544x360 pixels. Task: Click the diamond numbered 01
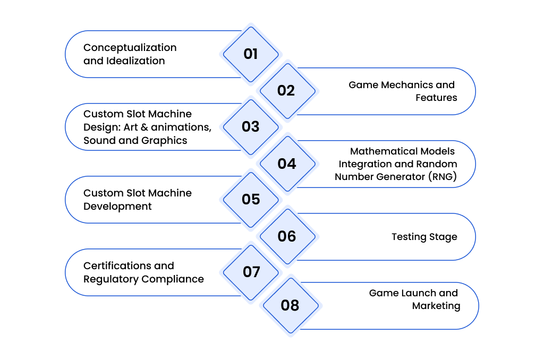pyautogui.click(x=251, y=54)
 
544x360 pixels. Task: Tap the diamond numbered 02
pyautogui.click(x=287, y=91)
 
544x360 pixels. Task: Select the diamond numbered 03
pyautogui.click(x=251, y=127)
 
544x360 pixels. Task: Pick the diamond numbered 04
pyautogui.click(x=287, y=164)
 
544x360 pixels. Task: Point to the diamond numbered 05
pyautogui.click(x=251, y=200)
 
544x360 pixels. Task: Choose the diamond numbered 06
pyautogui.click(x=287, y=236)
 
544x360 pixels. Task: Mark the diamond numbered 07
pyautogui.click(x=251, y=272)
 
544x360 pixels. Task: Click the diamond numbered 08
pyautogui.click(x=291, y=305)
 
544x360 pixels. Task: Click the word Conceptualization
pyautogui.click(x=130, y=48)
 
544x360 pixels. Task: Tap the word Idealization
pyautogui.click(x=135, y=61)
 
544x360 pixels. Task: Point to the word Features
pyautogui.click(x=436, y=98)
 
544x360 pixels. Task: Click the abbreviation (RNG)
pyautogui.click(x=443, y=176)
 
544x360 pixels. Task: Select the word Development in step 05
pyautogui.click(x=117, y=207)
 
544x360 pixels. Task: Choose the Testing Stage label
pyautogui.click(x=424, y=237)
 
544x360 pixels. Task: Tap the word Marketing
pyautogui.click(x=436, y=306)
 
